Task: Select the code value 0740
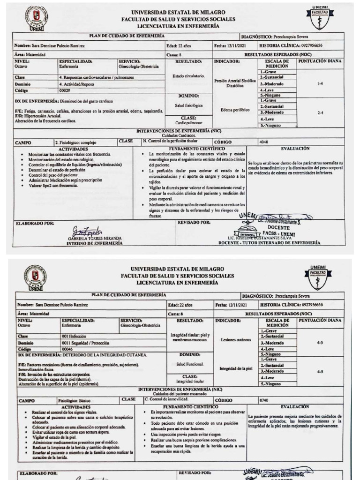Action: (x=265, y=400)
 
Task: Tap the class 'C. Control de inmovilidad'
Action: (x=168, y=399)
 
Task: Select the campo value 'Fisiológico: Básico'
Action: (x=75, y=401)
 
